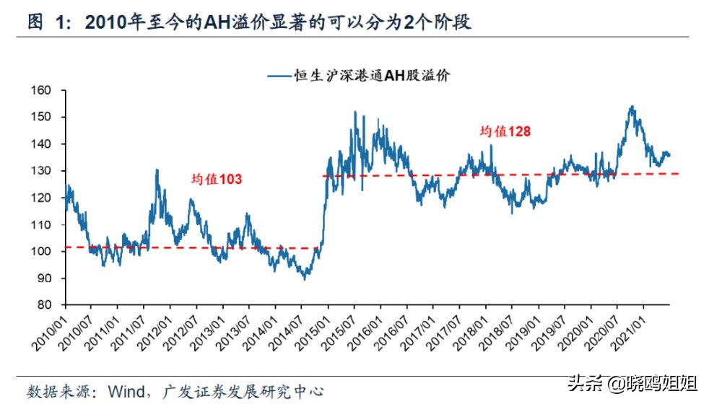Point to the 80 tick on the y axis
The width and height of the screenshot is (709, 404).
coord(47,305)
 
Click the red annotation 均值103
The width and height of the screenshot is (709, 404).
coord(217,180)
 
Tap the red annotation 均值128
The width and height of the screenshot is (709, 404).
coord(506,131)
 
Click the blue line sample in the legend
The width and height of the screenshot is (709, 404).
coord(280,75)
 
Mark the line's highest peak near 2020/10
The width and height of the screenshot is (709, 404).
coord(632,107)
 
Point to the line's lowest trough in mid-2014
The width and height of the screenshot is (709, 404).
coord(305,278)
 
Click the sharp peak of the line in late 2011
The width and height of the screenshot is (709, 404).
coord(157,170)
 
